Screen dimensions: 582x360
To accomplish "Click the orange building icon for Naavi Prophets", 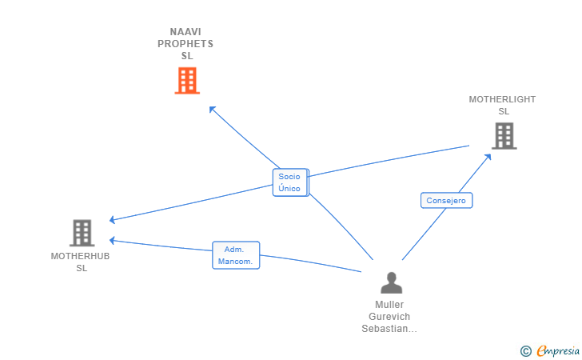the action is pos(187,80).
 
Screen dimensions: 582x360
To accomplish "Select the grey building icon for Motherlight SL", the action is pos(504,136).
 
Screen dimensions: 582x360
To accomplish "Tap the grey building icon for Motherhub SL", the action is pos(82,233).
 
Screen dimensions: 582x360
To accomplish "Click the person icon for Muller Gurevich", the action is pos(391,282).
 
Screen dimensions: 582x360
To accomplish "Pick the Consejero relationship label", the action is pos(446,200).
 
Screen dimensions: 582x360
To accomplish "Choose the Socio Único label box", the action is pos(290,182).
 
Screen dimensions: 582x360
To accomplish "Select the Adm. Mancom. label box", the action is pos(236,255).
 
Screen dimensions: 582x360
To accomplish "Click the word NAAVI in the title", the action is pos(185,31).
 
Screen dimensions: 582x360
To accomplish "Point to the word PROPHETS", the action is pos(185,44).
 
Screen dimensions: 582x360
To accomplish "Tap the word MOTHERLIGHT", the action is pos(502,99).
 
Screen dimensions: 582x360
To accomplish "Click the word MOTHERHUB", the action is pos(80,256).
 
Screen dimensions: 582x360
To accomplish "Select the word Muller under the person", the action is pos(389,305).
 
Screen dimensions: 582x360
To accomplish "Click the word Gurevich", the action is pos(389,317).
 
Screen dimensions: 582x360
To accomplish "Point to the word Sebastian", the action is pos(385,329).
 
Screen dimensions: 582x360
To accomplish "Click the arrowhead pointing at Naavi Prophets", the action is pos(212,109).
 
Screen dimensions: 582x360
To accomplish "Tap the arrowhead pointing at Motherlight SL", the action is pos(488,157).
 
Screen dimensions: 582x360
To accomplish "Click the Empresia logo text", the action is pos(558,351).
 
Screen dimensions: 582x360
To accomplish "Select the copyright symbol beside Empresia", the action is pos(526,351).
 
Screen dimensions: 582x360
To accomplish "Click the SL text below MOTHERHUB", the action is pos(82,268).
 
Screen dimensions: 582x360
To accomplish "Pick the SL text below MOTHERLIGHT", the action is pos(504,111).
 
